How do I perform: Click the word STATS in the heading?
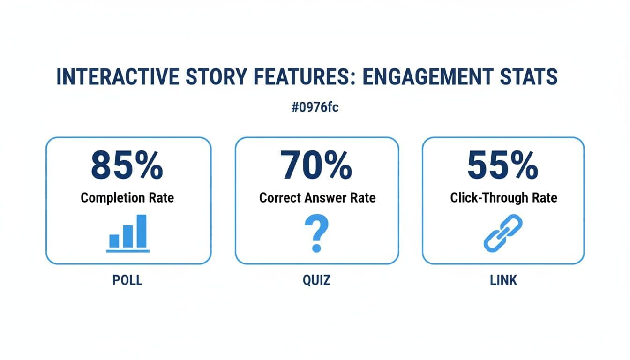pyautogui.click(x=529, y=77)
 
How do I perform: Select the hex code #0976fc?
pyautogui.click(x=315, y=107)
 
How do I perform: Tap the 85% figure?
pyautogui.click(x=127, y=166)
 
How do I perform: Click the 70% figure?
pyautogui.click(x=316, y=166)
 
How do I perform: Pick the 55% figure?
pyautogui.click(x=503, y=166)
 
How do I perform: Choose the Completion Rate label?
pyautogui.click(x=127, y=198)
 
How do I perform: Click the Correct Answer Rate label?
pyautogui.click(x=317, y=198)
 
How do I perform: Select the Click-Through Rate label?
pyautogui.click(x=503, y=198)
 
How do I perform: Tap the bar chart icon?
pyautogui.click(x=128, y=233)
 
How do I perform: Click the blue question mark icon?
pyautogui.click(x=317, y=233)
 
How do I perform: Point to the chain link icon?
pyautogui.click(x=503, y=232)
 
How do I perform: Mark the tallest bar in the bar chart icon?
pyautogui.click(x=141, y=231)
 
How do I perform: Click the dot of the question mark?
pyautogui.click(x=317, y=247)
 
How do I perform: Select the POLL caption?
pyautogui.click(x=127, y=280)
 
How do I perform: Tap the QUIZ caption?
pyautogui.click(x=316, y=280)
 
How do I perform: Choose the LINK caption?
pyautogui.click(x=503, y=280)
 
